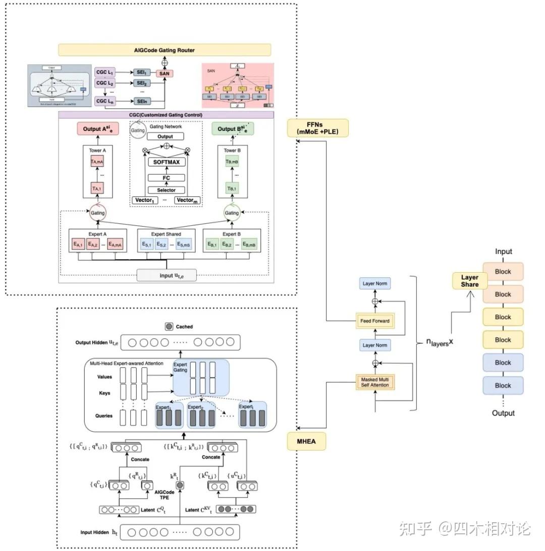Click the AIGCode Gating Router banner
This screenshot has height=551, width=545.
[165, 50]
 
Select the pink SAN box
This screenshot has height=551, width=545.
[164, 74]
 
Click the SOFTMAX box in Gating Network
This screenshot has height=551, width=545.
[166, 162]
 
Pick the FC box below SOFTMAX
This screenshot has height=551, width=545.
[166, 178]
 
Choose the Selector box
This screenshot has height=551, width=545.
[166, 190]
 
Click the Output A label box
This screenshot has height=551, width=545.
[97, 129]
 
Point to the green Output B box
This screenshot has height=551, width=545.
[233, 129]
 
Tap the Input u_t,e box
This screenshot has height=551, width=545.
[167, 275]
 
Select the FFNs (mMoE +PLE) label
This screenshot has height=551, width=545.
[318, 128]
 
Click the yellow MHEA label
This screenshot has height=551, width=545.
[306, 442]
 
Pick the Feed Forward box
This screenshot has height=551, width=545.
[375, 321]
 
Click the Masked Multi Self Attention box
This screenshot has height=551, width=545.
[375, 382]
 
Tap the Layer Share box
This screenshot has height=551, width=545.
[469, 281]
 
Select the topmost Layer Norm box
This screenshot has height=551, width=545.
[375, 283]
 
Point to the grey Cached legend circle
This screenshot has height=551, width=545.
[169, 327]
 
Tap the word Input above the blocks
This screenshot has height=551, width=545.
[503, 252]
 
